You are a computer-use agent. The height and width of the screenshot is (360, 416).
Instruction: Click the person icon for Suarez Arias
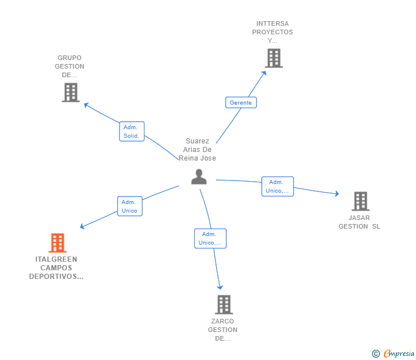pyautogui.click(x=199, y=177)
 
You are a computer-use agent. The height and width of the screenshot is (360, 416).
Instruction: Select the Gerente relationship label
pyautogui.click(x=241, y=103)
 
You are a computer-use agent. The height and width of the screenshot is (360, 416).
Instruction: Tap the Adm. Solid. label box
pyautogui.click(x=131, y=131)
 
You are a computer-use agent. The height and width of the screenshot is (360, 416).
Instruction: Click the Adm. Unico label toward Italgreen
pyautogui.click(x=129, y=206)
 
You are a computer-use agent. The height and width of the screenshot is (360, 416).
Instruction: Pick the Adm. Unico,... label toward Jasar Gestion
pyautogui.click(x=278, y=186)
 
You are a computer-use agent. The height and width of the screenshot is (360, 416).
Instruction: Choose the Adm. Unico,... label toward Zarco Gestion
pyautogui.click(x=210, y=238)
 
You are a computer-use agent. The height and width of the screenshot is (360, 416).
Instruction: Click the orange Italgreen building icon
pyautogui.click(x=57, y=243)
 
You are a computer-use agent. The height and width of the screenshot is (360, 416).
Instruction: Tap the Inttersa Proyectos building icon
pyautogui.click(x=273, y=58)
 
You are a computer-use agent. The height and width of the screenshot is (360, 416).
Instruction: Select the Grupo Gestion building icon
pyautogui.click(x=70, y=93)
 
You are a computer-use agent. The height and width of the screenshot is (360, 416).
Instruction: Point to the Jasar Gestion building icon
pyautogui.click(x=360, y=201)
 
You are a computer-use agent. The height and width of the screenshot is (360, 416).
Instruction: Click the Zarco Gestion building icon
pyautogui.click(x=223, y=305)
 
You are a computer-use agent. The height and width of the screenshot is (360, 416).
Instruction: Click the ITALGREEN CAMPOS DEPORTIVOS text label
pyautogui.click(x=56, y=268)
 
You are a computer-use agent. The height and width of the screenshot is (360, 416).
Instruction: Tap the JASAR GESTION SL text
pyautogui.click(x=359, y=222)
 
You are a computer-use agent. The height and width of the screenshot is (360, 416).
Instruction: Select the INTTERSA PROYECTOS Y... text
pyautogui.click(x=273, y=32)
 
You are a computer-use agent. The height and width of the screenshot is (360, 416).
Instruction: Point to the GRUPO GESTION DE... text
pyautogui.click(x=70, y=66)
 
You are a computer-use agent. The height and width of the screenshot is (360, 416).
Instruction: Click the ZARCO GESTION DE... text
pyautogui.click(x=222, y=330)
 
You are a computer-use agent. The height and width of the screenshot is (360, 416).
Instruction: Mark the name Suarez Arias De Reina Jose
pyautogui.click(x=198, y=150)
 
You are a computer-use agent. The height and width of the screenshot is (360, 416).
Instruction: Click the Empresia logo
pyautogui.click(x=393, y=354)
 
